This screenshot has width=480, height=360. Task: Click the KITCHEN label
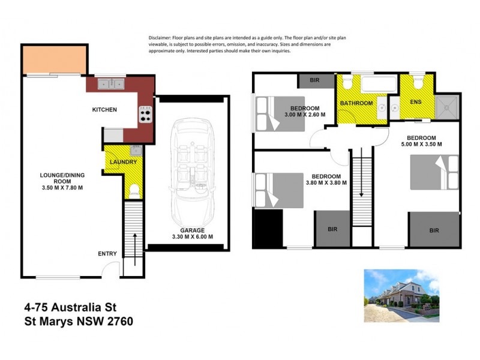point(104,109)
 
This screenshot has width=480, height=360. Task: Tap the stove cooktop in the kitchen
point(145,113)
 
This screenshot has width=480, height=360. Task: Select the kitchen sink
point(111,84)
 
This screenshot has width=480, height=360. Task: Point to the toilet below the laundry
point(134,191)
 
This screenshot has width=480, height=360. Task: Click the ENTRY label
point(107,254)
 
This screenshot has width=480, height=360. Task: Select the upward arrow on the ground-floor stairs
point(134,240)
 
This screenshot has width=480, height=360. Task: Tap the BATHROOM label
point(356,103)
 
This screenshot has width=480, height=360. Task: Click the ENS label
point(415,101)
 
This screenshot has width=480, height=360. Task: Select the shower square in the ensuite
point(446,106)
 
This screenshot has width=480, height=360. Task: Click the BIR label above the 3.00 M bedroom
point(314,80)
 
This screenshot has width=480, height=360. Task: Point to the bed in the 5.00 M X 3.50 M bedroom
point(434,172)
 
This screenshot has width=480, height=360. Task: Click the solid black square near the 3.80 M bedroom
point(268,228)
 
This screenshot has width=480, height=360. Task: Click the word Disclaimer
point(161,38)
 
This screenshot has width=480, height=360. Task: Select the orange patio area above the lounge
point(55,60)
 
